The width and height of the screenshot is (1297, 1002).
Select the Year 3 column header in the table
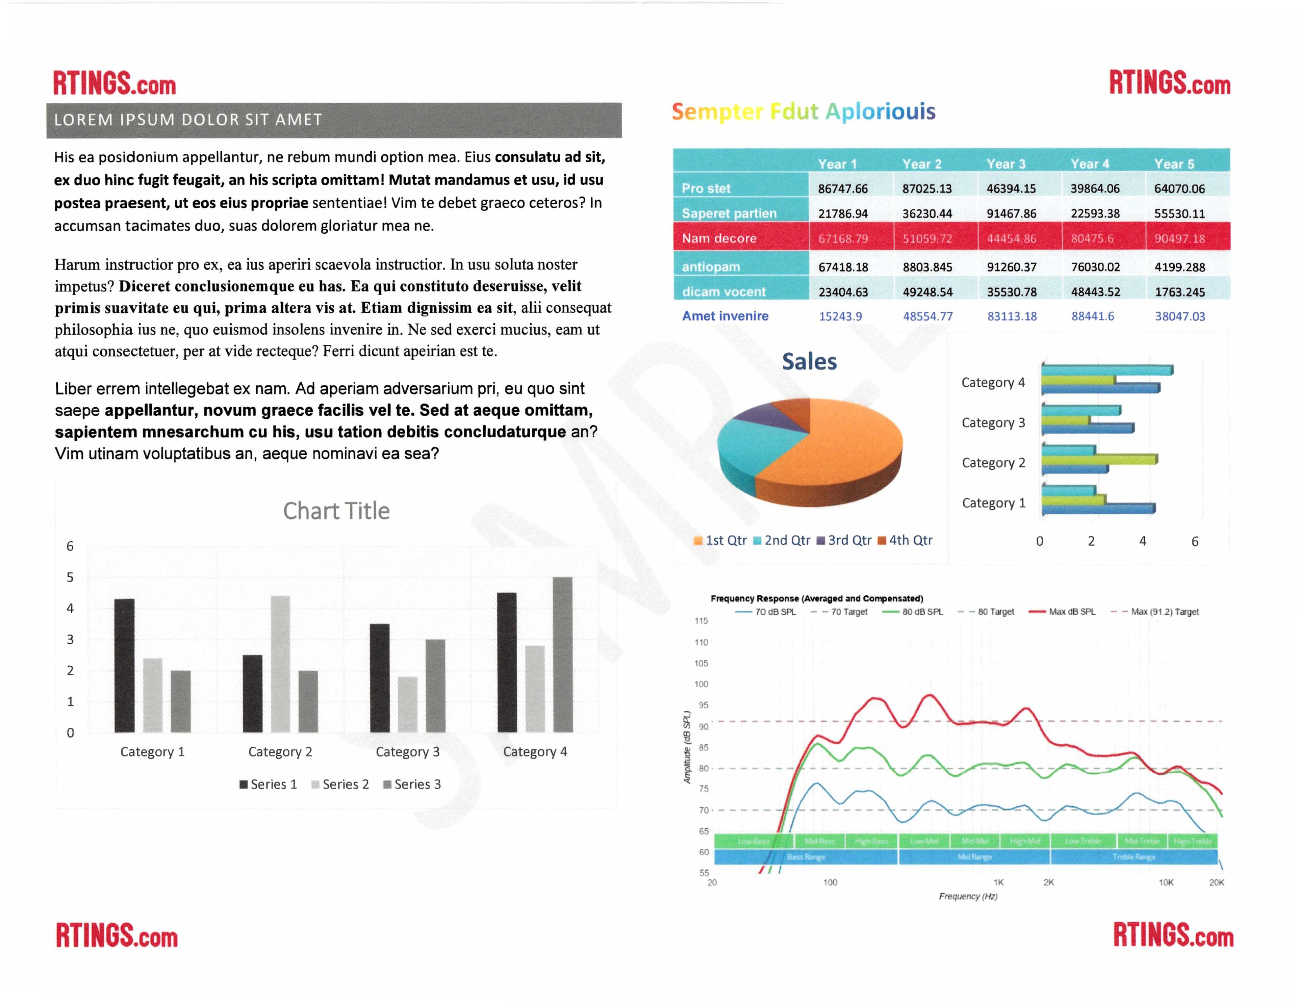1006,164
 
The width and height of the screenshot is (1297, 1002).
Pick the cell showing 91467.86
1011,213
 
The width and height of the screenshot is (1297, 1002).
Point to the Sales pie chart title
809,362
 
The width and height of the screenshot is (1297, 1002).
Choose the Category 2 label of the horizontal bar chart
993,463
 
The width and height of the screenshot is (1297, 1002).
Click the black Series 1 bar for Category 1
124,665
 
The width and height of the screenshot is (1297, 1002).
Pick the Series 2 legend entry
340,785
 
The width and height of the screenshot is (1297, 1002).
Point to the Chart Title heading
336,511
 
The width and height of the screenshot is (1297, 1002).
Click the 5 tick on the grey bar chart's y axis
70,577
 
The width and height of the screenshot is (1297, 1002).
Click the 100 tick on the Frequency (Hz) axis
830,882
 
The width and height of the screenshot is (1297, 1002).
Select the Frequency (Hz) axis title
967,896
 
